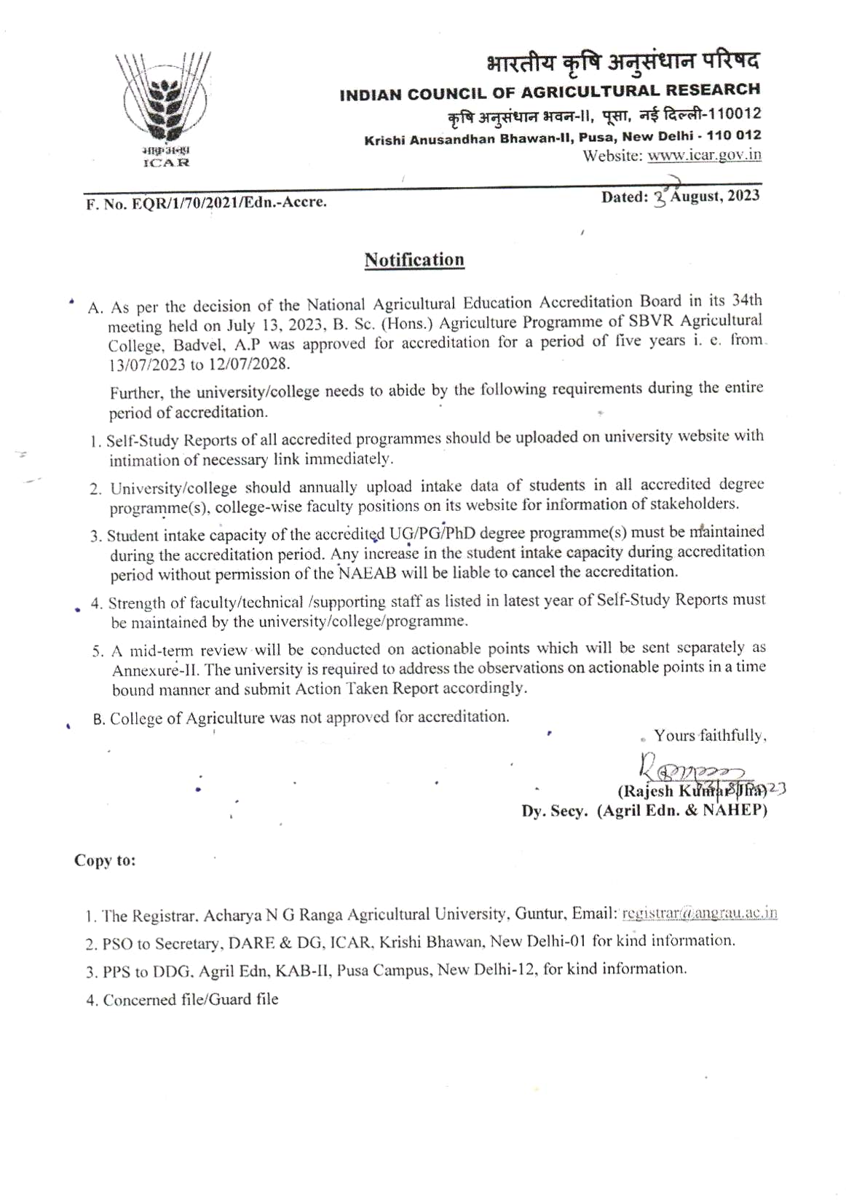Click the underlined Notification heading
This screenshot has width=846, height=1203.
click(414, 260)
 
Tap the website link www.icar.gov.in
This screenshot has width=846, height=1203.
click(704, 154)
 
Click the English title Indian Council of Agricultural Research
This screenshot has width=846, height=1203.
click(550, 92)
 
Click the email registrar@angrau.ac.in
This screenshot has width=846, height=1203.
click(700, 913)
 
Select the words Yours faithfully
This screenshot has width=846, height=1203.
click(710, 736)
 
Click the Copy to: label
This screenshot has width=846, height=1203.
click(105, 860)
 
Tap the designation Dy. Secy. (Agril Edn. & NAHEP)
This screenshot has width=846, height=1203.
click(644, 811)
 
